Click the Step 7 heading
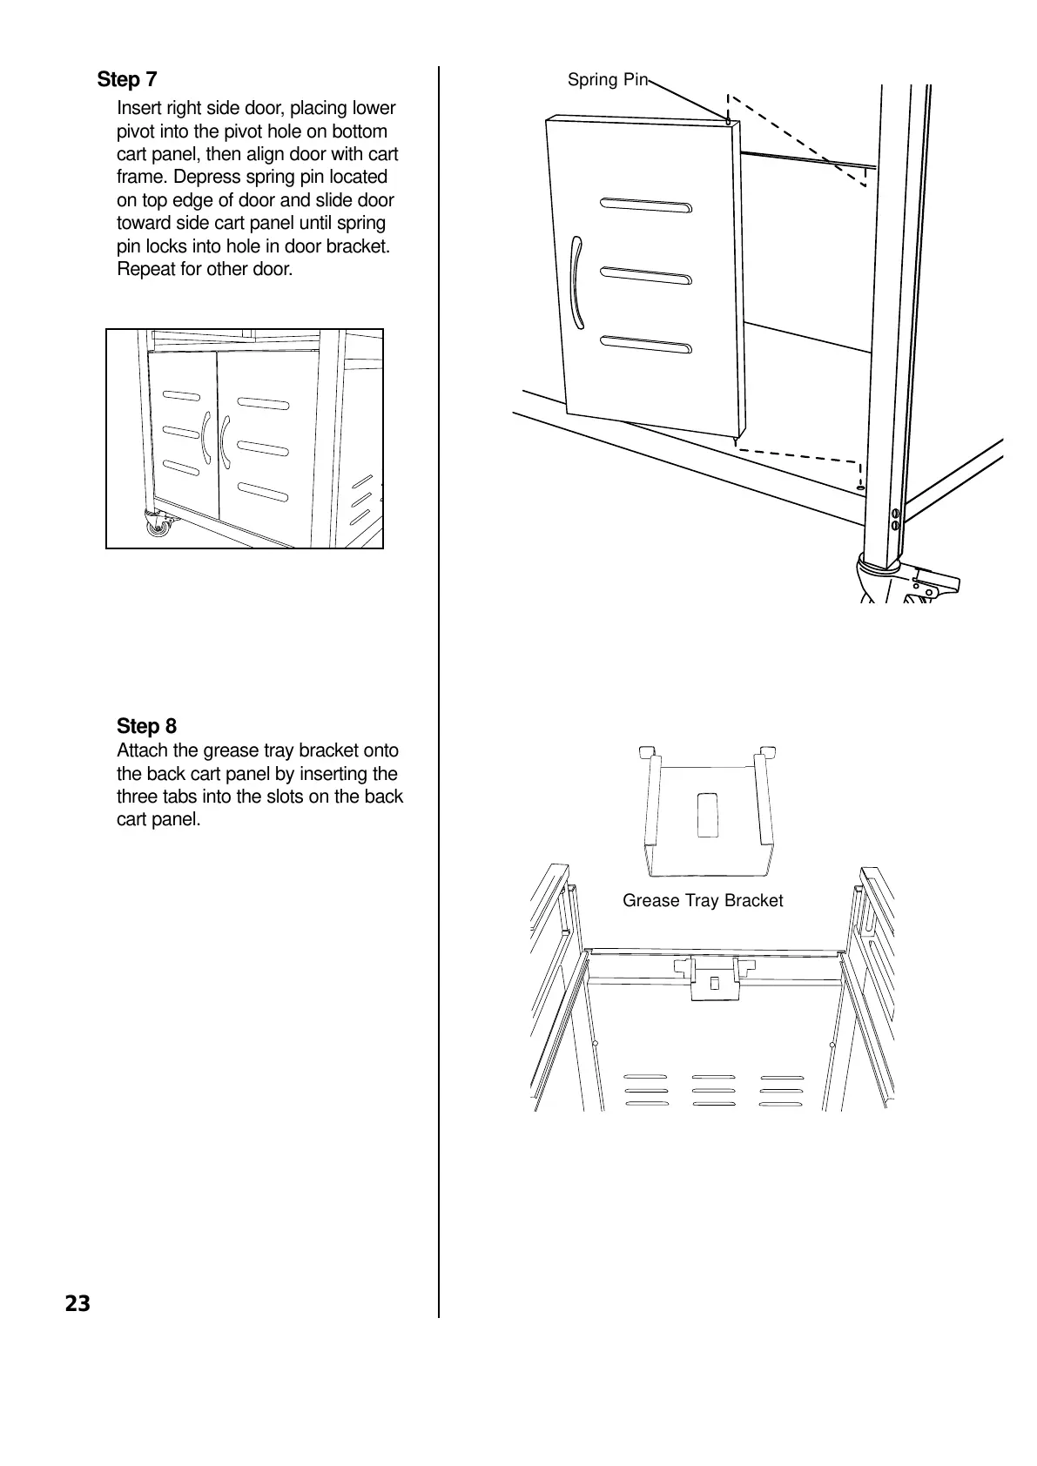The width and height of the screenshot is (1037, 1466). (127, 80)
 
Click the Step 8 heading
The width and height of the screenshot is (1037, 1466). (146, 726)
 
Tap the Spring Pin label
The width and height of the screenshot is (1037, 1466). (607, 80)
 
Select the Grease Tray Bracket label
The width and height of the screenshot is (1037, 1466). (703, 901)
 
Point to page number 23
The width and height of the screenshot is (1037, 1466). (77, 1303)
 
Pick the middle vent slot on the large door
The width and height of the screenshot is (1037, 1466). (646, 276)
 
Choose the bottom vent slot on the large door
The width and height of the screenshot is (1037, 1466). (646, 345)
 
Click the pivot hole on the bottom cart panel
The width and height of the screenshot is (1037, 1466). (860, 488)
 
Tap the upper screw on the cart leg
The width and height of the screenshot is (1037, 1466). (895, 513)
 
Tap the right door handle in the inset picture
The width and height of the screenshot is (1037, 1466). (225, 442)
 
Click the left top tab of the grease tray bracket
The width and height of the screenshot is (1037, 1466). (647, 751)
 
